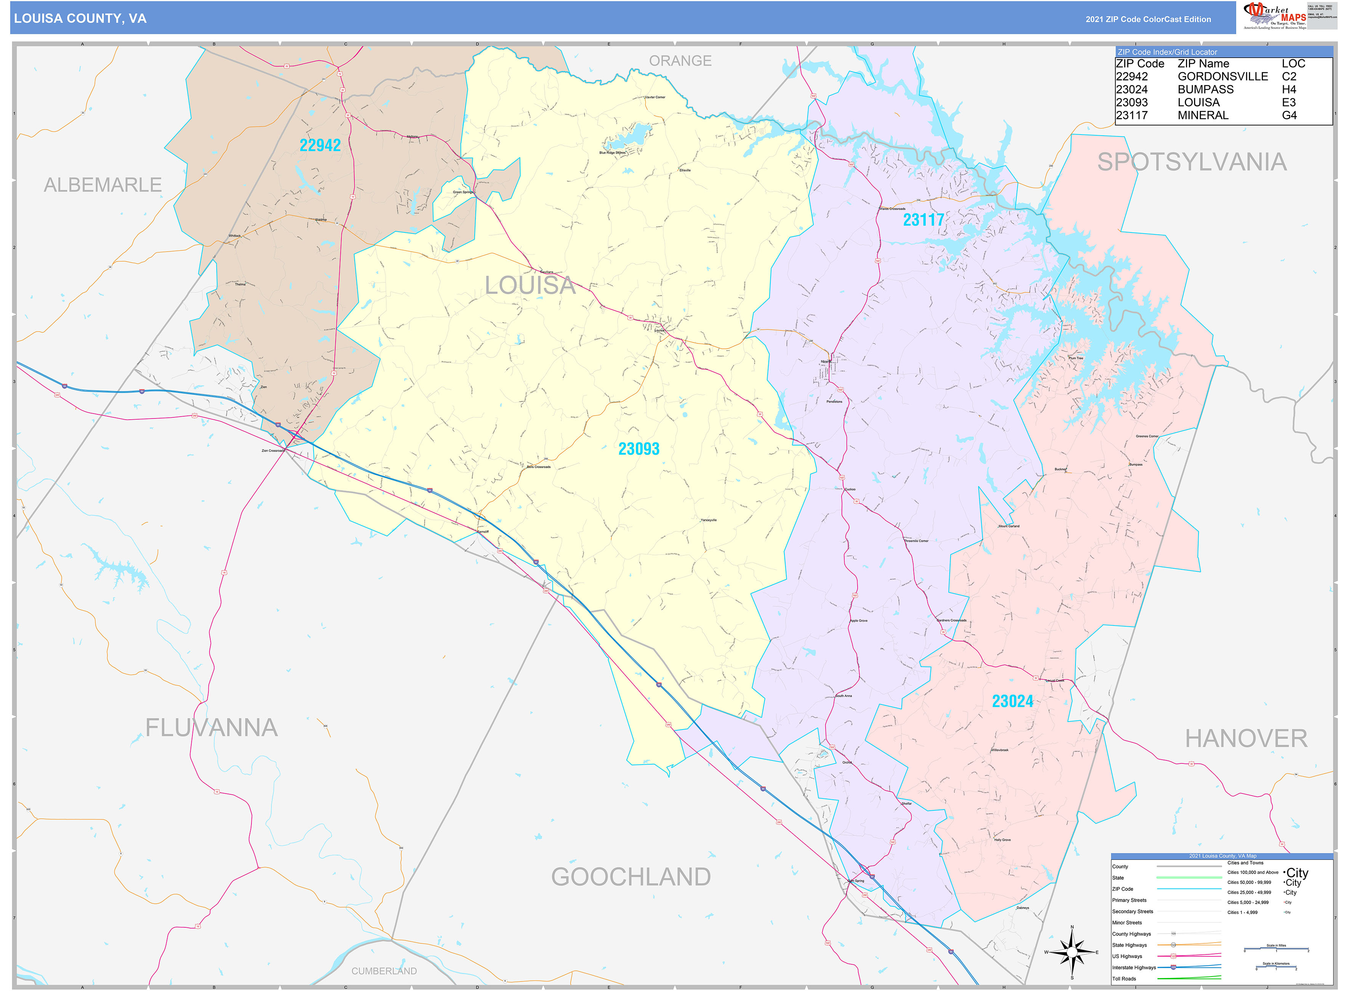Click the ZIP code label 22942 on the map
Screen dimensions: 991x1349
point(320,145)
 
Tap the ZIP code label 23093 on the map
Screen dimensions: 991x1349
point(638,449)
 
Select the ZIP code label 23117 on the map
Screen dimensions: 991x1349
point(923,220)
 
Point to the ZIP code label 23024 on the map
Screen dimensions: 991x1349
point(1012,701)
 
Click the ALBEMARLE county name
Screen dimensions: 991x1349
point(102,185)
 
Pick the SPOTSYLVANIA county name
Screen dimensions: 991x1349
point(1192,162)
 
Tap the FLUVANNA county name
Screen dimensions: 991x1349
point(212,728)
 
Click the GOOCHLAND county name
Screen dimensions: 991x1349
point(631,877)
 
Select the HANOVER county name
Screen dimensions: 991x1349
point(1246,738)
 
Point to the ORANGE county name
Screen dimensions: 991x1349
point(680,61)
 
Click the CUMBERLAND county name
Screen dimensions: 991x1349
point(384,970)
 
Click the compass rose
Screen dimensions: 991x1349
point(1072,952)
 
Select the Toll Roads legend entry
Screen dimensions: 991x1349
point(1124,978)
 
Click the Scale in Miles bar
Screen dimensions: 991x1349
point(1276,949)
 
